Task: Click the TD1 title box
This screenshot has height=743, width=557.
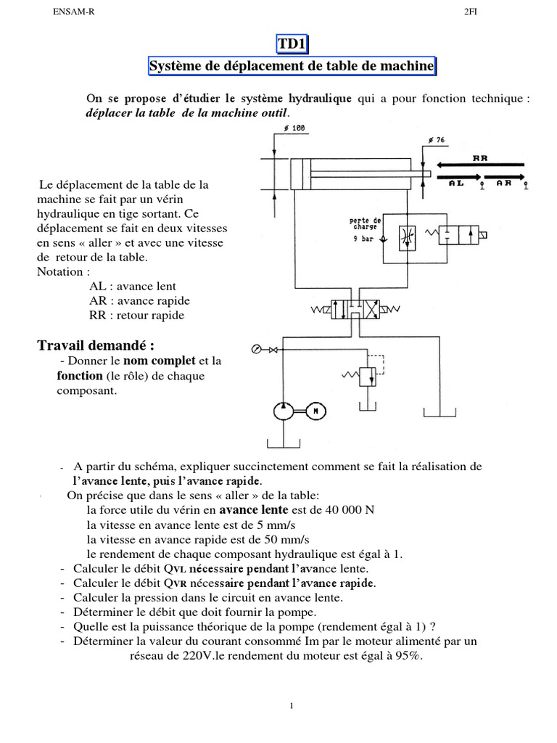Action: (x=292, y=45)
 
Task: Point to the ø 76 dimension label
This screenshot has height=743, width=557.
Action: (x=436, y=139)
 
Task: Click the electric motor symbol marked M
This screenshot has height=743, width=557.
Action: (x=315, y=411)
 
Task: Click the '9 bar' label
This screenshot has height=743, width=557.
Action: (x=363, y=237)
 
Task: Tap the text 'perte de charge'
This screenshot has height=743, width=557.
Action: (x=365, y=223)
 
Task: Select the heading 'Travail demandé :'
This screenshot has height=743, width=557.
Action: (x=96, y=345)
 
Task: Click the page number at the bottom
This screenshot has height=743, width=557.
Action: (x=290, y=706)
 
